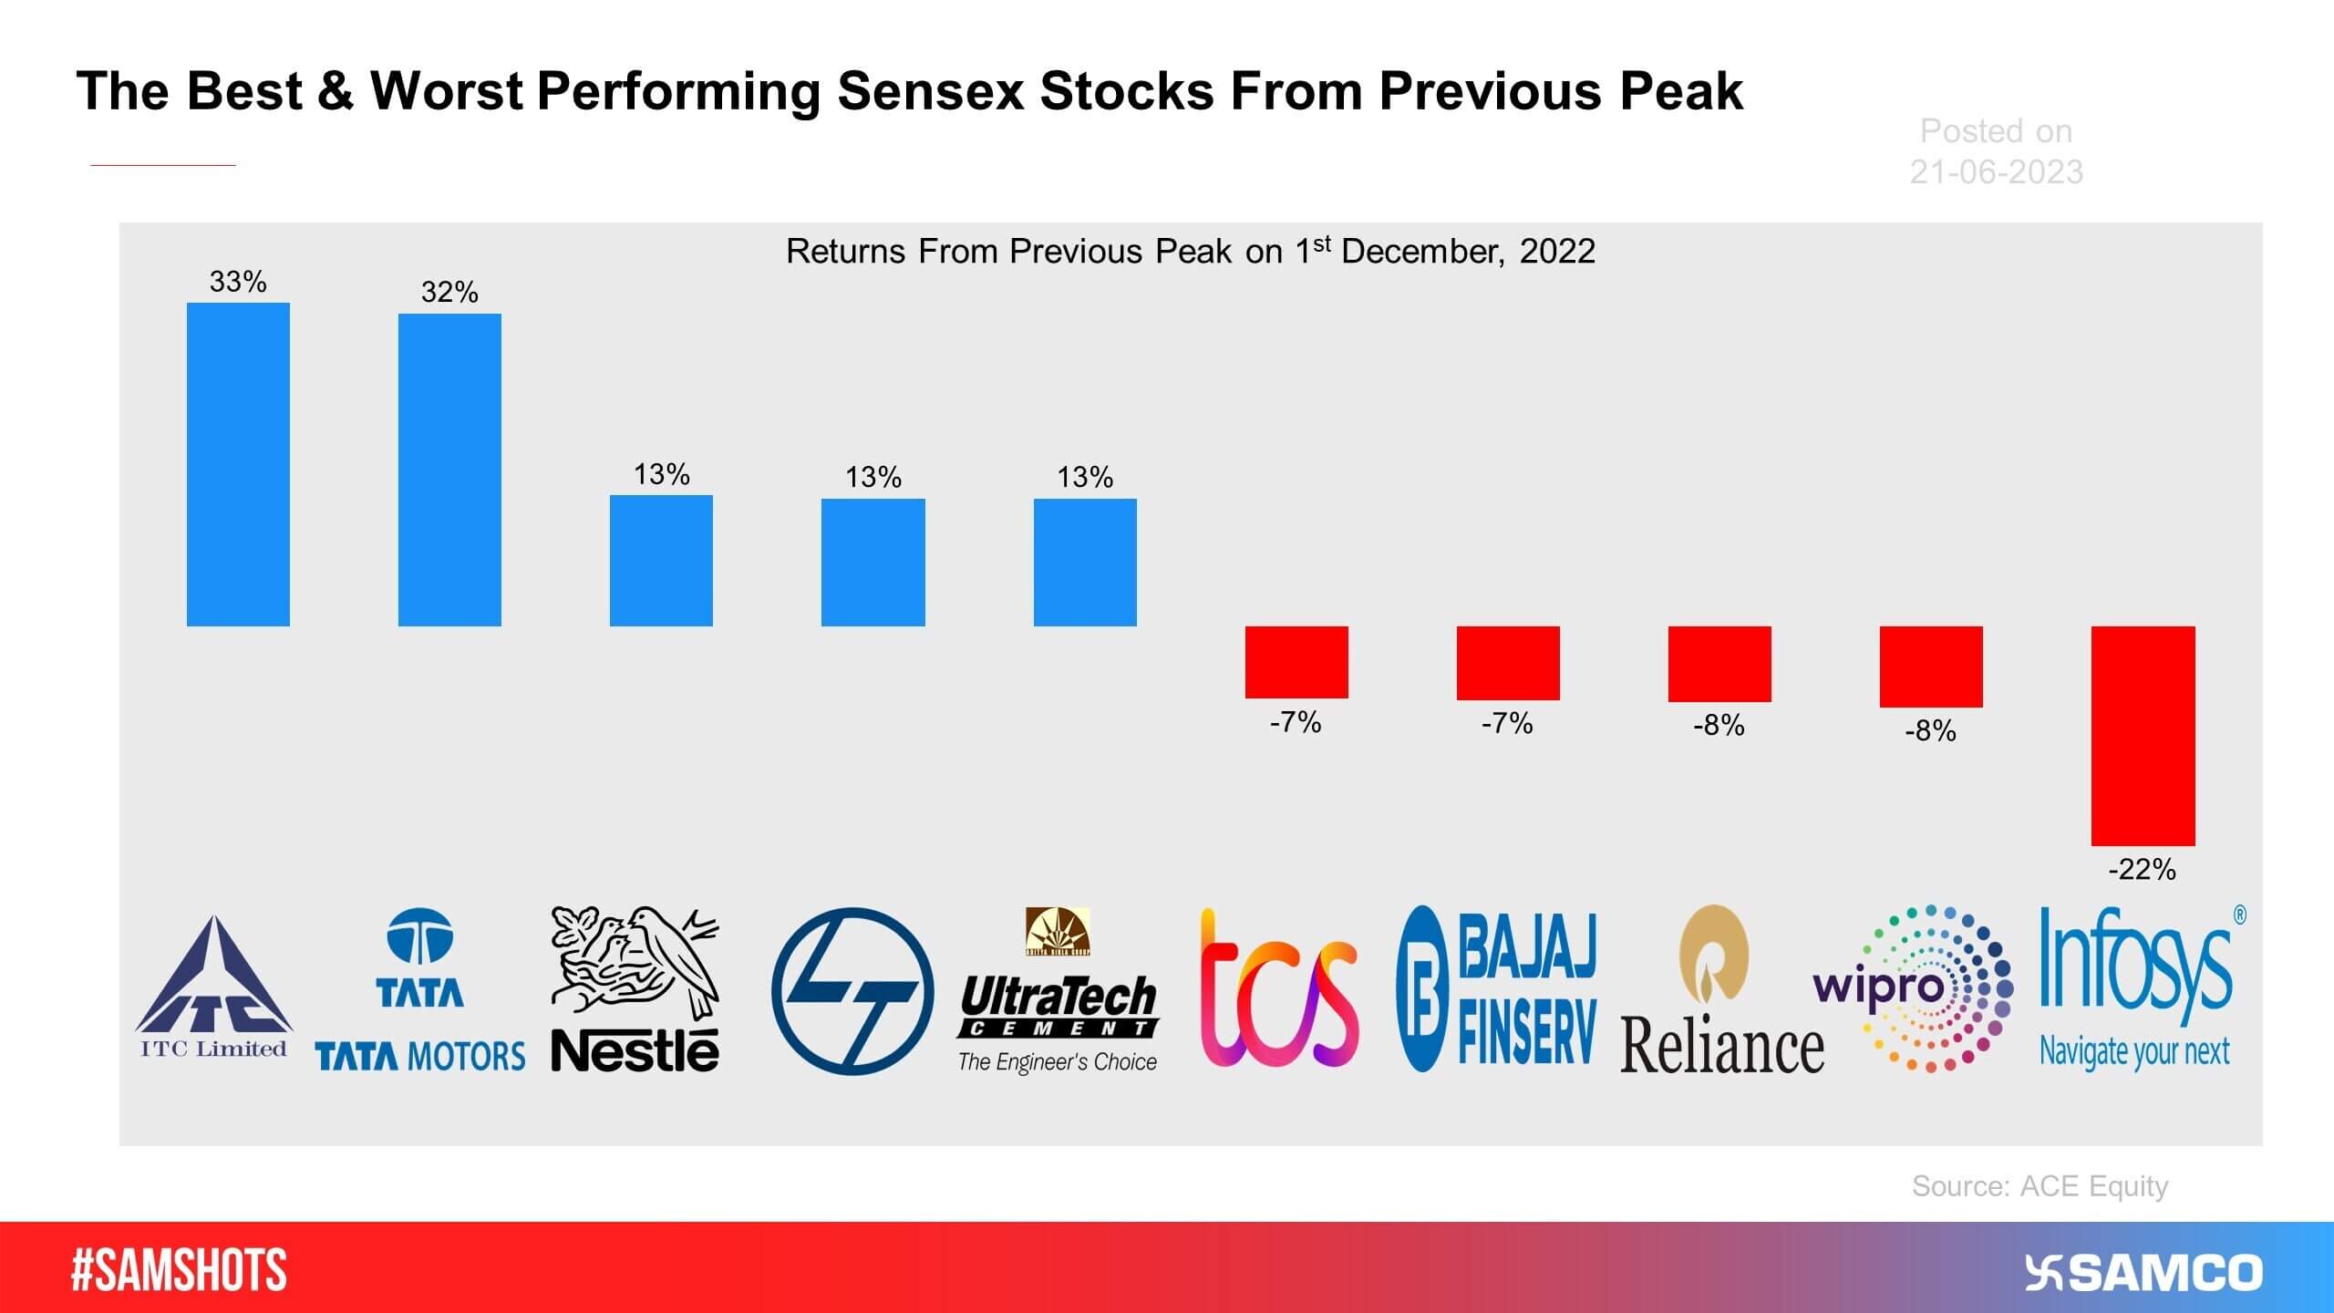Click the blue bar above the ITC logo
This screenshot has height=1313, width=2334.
coord(238,464)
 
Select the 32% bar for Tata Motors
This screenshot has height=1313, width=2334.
coord(449,470)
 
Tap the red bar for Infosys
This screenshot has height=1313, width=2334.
coord(2143,735)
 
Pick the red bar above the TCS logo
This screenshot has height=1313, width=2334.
coord(1296,662)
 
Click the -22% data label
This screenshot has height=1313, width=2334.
coord(2142,869)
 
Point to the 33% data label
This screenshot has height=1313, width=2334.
coord(238,282)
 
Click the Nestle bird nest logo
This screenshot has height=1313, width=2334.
coord(635,989)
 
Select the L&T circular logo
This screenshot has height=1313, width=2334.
coord(852,991)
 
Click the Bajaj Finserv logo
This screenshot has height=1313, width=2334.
coord(1497,989)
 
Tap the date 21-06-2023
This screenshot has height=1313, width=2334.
coord(1996,171)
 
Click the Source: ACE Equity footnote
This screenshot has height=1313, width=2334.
coord(2040,1185)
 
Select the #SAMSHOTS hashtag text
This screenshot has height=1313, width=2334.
coord(179,1270)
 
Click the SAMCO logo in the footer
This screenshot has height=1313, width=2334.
coord(2143,1273)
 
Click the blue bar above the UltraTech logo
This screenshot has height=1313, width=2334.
coord(1085,562)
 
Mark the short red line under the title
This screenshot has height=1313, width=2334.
coord(163,165)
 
